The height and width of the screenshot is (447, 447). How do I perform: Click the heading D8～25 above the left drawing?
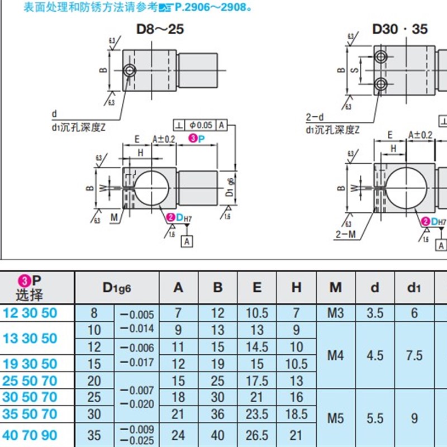coord(160,28)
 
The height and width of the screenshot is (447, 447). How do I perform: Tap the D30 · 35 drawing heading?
coord(401,28)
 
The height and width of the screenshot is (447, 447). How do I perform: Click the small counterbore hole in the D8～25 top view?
coord(130,70)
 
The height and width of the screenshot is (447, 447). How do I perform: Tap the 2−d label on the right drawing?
coord(315,117)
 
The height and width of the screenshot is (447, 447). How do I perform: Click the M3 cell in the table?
coord(335,313)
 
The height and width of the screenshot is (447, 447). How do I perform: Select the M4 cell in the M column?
coord(335,355)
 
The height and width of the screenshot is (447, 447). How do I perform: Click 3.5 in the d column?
coord(375,313)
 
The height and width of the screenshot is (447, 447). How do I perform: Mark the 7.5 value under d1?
coord(414,355)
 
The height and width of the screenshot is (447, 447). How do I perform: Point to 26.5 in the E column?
coord(257,435)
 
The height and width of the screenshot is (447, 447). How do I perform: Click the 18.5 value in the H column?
coord(296,414)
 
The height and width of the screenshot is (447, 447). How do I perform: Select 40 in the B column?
coord(218,435)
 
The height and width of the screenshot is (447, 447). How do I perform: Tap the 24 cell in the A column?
coord(178,435)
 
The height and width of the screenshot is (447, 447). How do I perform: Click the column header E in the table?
coord(257,287)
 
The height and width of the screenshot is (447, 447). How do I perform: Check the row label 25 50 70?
coord(30,381)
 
